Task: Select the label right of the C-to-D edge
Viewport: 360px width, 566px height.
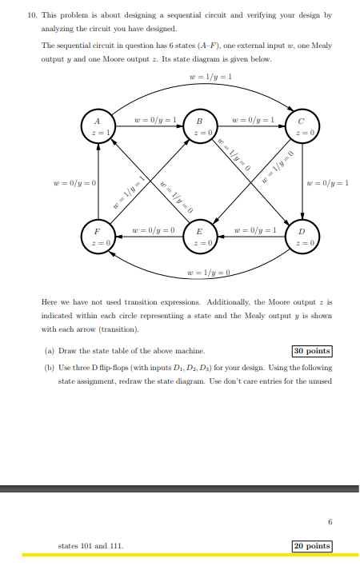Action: [x=328, y=183]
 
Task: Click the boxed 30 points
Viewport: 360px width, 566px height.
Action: [x=312, y=350]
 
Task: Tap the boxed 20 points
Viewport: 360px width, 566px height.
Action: [x=312, y=546]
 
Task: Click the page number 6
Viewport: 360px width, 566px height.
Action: [x=329, y=523]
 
